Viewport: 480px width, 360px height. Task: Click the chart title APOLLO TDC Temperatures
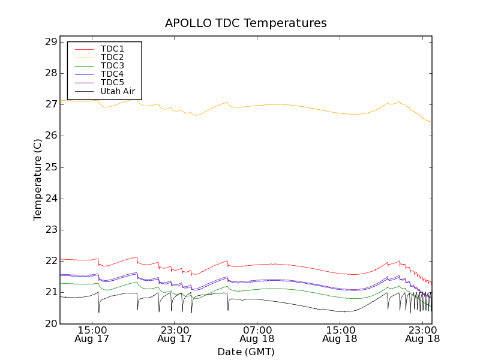click(x=246, y=23)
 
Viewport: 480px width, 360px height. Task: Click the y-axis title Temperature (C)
click(x=38, y=179)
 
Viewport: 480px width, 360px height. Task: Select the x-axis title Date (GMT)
click(x=246, y=352)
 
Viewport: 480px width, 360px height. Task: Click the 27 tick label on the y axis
click(x=50, y=104)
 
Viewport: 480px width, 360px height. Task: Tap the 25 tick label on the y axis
click(x=50, y=167)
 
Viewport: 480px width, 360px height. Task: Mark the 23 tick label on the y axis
click(x=50, y=230)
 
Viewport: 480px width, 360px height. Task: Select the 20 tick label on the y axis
click(x=50, y=323)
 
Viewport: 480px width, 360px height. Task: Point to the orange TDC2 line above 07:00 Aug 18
click(x=257, y=105)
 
